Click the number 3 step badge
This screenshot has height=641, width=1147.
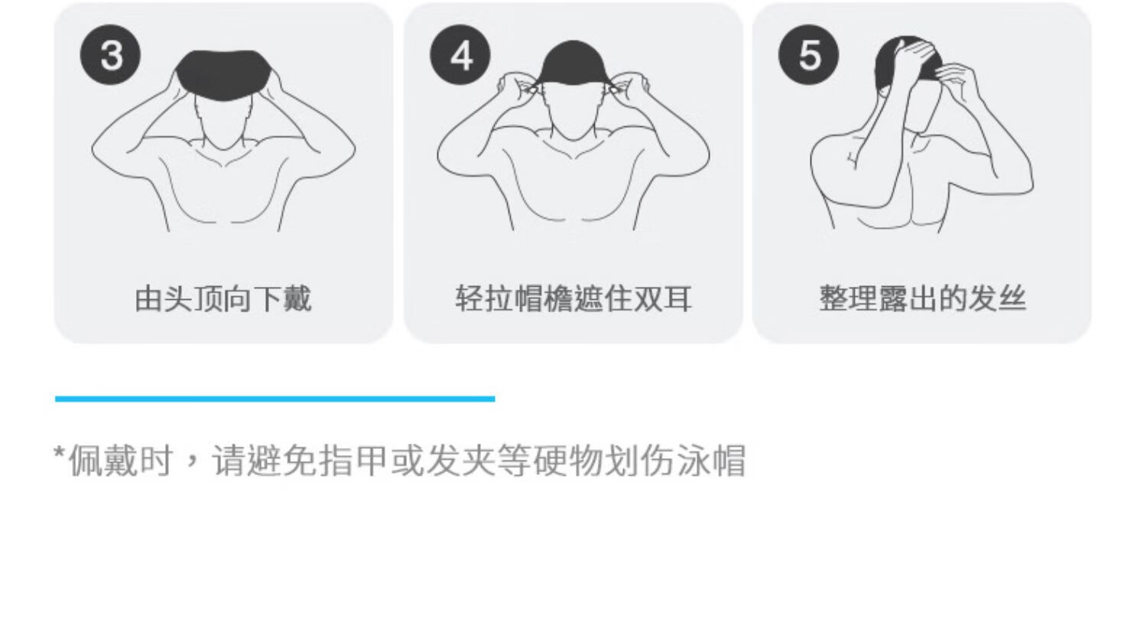click(x=111, y=55)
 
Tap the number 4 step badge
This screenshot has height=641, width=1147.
click(x=460, y=55)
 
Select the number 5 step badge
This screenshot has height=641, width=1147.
click(x=808, y=55)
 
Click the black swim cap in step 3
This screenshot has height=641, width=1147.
click(x=222, y=74)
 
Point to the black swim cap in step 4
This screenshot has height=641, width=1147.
click(x=573, y=64)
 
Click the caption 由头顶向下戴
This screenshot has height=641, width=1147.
click(x=223, y=299)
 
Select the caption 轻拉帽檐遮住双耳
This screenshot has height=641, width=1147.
click(x=573, y=299)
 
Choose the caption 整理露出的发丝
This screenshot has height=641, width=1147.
click(x=923, y=299)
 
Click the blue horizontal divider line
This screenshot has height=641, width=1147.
click(x=275, y=399)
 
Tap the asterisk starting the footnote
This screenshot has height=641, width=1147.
click(x=60, y=453)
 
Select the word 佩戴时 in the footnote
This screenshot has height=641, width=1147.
click(x=120, y=460)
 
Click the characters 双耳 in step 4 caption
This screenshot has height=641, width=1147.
click(x=663, y=299)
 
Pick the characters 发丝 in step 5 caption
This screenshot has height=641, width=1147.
click(x=997, y=299)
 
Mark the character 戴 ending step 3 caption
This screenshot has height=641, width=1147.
click(x=297, y=299)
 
